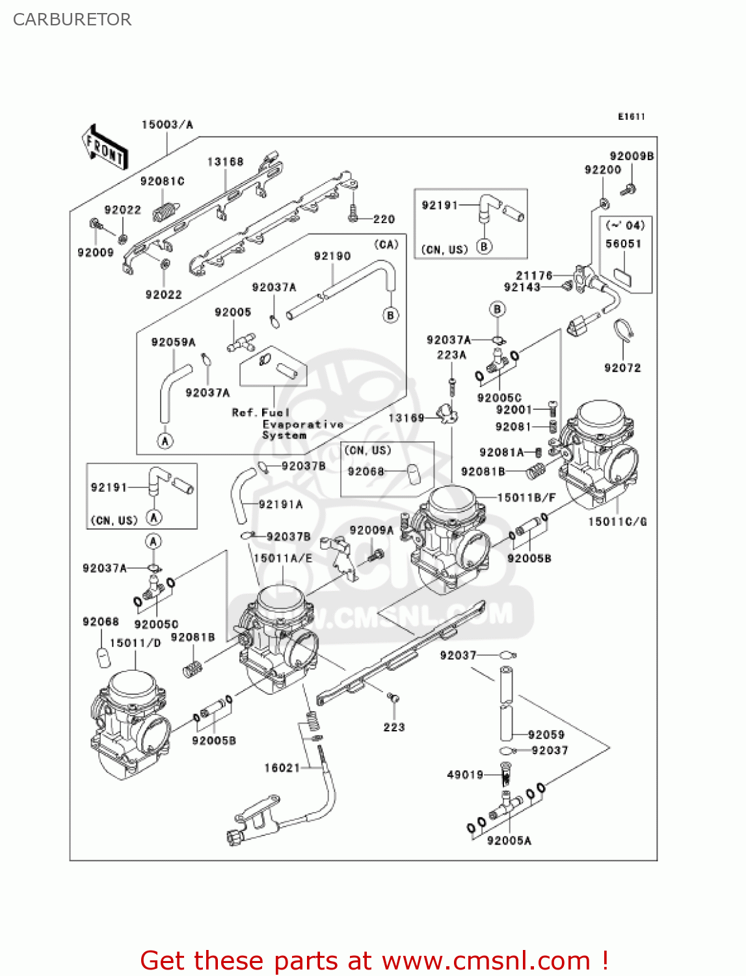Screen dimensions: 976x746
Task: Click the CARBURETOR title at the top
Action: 72,20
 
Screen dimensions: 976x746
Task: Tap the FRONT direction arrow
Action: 104,148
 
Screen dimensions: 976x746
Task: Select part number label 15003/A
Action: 167,124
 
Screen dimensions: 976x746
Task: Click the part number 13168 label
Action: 225,161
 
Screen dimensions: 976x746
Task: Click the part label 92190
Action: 332,256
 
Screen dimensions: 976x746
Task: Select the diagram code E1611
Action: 631,116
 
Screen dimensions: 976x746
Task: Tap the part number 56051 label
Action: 623,243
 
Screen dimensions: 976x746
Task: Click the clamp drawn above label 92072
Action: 624,331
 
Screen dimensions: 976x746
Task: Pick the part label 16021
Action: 282,768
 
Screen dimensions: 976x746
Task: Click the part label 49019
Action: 465,774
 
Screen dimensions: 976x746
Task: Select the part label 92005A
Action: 509,841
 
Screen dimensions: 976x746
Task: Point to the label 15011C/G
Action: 617,521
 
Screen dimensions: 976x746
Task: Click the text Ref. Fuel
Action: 260,413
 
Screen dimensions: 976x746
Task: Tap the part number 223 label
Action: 393,727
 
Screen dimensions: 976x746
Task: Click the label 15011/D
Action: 135,643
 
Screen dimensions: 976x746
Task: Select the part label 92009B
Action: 631,156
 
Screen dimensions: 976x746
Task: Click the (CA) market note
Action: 386,244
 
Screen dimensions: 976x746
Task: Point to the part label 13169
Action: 406,418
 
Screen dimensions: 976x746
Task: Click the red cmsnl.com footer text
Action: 374,960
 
